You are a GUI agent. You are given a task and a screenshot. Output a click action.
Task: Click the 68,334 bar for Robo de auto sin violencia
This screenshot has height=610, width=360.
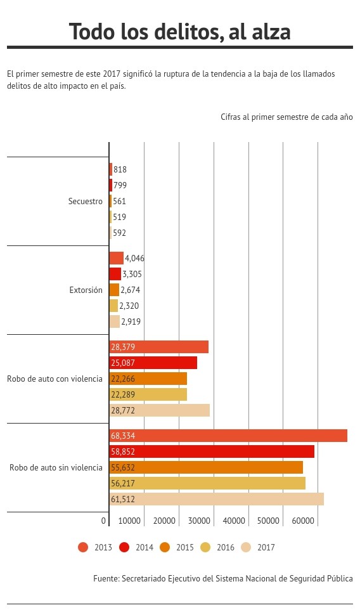click(228, 436)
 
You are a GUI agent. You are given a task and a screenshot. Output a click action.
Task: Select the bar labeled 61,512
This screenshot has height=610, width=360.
click(217, 499)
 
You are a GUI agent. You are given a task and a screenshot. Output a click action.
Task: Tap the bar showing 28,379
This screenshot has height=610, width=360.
click(159, 347)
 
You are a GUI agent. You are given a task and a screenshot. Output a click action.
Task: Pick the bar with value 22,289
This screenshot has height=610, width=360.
click(148, 394)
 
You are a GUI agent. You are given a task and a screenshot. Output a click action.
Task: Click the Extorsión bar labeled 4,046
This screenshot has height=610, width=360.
click(117, 258)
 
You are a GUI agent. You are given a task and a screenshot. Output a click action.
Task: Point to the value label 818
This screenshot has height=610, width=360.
click(120, 169)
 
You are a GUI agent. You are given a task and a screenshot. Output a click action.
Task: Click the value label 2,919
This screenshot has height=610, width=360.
click(131, 321)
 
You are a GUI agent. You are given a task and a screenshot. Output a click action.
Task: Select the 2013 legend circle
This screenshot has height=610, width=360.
click(83, 547)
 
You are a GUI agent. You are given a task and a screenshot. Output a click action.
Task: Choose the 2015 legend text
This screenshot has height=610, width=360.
click(185, 547)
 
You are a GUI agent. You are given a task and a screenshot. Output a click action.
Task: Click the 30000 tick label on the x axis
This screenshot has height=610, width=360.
click(199, 521)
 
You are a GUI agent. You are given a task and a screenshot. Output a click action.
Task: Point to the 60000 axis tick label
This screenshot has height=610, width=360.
click(303, 521)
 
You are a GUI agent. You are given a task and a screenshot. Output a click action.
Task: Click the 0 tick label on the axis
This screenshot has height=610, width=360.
click(103, 521)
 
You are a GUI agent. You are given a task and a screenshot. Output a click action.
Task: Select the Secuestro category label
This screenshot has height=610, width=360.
click(86, 201)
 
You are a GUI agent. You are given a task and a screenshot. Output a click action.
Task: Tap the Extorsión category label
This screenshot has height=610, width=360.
click(86, 290)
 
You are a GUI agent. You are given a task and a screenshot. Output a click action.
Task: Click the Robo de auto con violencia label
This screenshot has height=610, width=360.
click(55, 379)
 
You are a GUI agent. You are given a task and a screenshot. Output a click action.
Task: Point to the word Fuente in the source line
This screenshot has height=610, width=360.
click(106, 578)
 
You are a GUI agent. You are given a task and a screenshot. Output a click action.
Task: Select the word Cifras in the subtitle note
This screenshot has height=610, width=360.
click(231, 117)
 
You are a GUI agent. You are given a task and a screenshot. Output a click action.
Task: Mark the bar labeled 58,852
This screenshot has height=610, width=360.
click(212, 451)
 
